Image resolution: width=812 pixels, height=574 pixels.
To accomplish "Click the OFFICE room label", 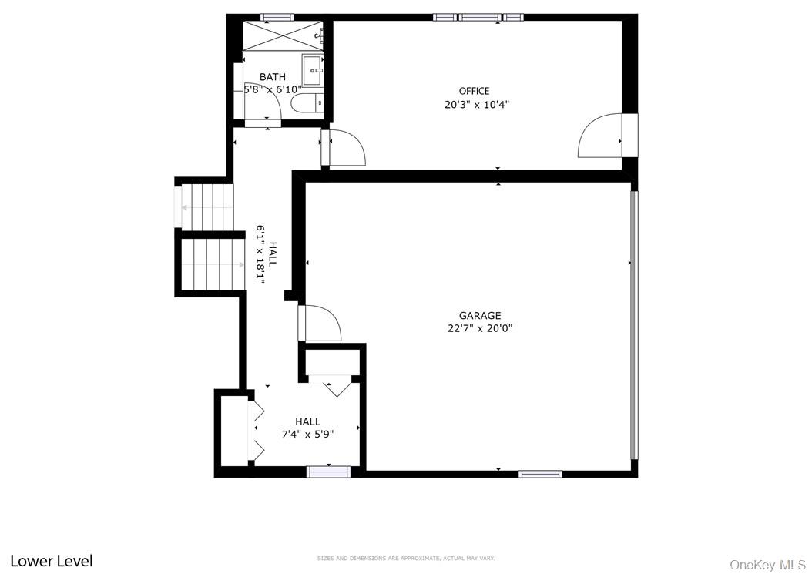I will [474, 91].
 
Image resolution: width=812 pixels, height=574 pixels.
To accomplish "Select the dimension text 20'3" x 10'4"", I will [477, 105].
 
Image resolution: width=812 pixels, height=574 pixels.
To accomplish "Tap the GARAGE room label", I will [480, 315].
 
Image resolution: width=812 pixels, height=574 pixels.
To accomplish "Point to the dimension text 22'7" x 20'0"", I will [480, 328].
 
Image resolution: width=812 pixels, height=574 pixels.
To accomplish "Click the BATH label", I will [272, 76].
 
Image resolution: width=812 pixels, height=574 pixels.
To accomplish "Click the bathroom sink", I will [313, 70].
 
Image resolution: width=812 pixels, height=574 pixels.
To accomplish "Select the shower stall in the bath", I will [281, 35].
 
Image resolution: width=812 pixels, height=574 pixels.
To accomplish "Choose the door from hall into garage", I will [320, 323].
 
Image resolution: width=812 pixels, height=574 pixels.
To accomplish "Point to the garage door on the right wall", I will [634, 324].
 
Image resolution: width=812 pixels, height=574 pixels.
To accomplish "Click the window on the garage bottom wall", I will [540, 474].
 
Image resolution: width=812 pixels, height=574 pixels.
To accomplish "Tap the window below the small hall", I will [329, 472].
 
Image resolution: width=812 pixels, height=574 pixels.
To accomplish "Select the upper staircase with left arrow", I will [206, 206].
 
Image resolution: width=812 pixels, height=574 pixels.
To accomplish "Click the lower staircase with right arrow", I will [212, 264].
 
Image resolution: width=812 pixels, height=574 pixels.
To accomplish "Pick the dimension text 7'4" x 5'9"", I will [307, 434].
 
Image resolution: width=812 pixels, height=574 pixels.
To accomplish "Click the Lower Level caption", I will [52, 561].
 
